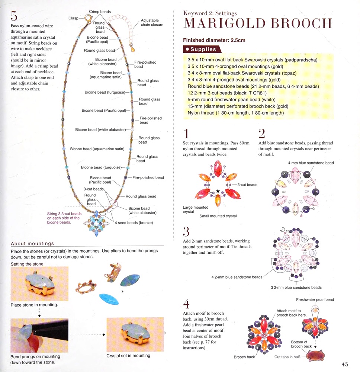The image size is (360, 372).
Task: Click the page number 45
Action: [x=345, y=364]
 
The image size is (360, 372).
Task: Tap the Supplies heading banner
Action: [x=202, y=49]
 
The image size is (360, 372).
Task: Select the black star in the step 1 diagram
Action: [x=218, y=191]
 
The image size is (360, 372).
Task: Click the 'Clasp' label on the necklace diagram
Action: [x=73, y=18]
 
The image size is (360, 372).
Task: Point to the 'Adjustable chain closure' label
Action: [x=152, y=23]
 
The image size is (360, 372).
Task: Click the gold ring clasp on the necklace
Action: [x=88, y=18]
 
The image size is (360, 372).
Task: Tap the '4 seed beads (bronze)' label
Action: [x=134, y=223]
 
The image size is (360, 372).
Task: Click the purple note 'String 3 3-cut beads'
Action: [x=64, y=214]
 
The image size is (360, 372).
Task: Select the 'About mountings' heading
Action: [x=32, y=243]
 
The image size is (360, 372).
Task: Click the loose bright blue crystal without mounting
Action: [x=109, y=299]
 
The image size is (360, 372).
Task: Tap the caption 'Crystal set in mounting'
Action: [x=128, y=356]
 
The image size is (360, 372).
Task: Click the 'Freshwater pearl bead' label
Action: [x=315, y=299]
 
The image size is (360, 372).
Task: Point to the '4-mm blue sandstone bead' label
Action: [x=311, y=163]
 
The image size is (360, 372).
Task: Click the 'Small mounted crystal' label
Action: [x=218, y=216]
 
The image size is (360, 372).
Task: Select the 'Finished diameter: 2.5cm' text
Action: [x=214, y=40]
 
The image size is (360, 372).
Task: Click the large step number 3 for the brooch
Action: [x=186, y=232]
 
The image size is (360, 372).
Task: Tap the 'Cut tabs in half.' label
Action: [x=287, y=357]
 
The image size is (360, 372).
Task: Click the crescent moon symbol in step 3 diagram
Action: [x=282, y=229]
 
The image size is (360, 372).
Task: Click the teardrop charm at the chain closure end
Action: [x=132, y=48]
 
